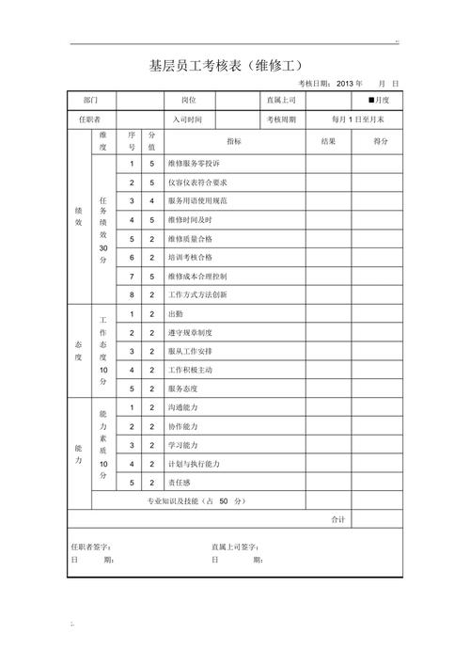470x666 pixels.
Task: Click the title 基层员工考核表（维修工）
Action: pyautogui.click(x=231, y=66)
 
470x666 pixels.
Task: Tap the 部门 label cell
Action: pyautogui.click(x=90, y=99)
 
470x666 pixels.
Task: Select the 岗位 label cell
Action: pyautogui.click(x=188, y=99)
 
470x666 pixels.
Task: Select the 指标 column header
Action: pyautogui.click(x=233, y=141)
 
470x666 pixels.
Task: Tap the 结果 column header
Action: pyautogui.click(x=328, y=141)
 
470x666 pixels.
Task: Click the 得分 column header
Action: pyautogui.click(x=381, y=141)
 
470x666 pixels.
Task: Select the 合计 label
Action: pyautogui.click(x=338, y=519)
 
